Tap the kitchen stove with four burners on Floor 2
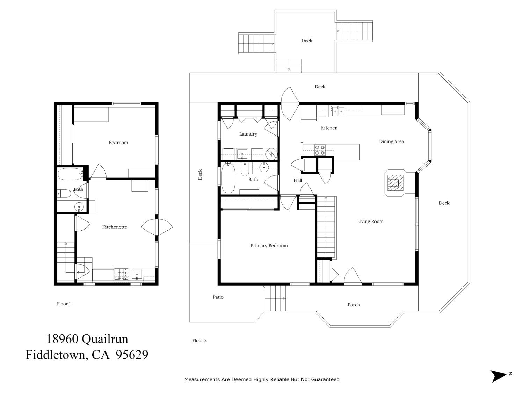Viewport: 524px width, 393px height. tap(320, 150)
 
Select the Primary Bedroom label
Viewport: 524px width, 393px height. tap(269, 246)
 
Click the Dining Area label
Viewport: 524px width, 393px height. tap(391, 141)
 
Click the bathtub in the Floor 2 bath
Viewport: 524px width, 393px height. tap(228, 179)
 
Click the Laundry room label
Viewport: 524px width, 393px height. tap(248, 134)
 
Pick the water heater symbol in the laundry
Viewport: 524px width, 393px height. tap(271, 153)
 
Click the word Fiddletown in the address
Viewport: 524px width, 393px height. tap(56, 355)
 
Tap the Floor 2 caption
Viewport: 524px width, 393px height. tap(199, 340)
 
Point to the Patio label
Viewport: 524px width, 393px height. tap(218, 297)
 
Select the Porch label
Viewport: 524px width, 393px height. tap(354, 305)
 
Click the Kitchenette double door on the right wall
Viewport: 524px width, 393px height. tap(157, 227)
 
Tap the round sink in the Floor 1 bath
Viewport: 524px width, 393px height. tap(79, 207)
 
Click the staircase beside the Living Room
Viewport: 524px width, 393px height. tap(326, 227)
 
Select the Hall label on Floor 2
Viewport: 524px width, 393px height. tap(298, 180)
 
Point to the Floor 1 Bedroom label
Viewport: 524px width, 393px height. tap(118, 143)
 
